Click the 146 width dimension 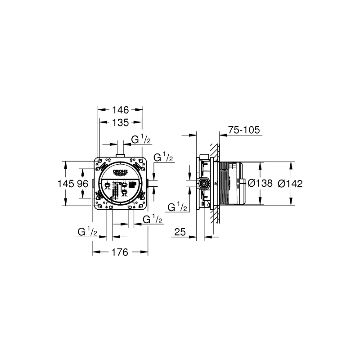pyautogui.click(x=121, y=109)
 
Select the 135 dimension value pyautogui.click(x=121, y=122)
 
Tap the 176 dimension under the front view pyautogui.click(x=120, y=252)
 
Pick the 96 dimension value pyautogui.click(x=82, y=184)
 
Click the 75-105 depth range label pyautogui.click(x=244, y=130)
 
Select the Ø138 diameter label pyautogui.click(x=261, y=183)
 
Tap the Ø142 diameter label pyautogui.click(x=290, y=183)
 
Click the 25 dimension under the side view pyautogui.click(x=180, y=233)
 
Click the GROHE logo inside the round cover pyautogui.click(x=121, y=173)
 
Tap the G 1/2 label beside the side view pyautogui.click(x=177, y=207)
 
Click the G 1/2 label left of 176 pyautogui.click(x=87, y=232)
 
